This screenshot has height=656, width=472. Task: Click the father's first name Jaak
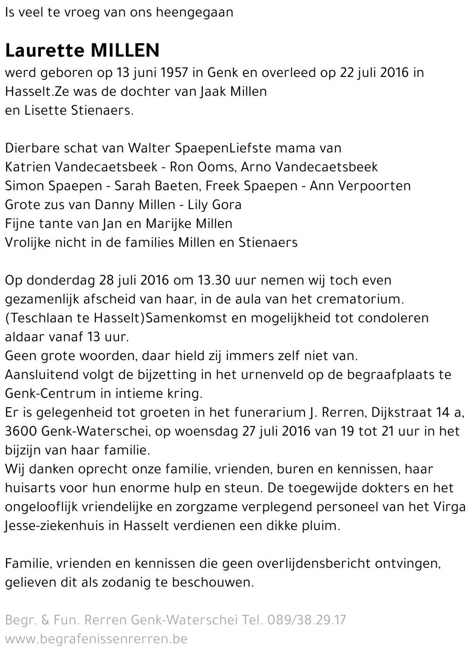[x=213, y=92]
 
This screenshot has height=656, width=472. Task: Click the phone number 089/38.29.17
[x=306, y=620]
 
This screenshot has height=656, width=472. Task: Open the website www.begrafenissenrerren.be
[x=96, y=639]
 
